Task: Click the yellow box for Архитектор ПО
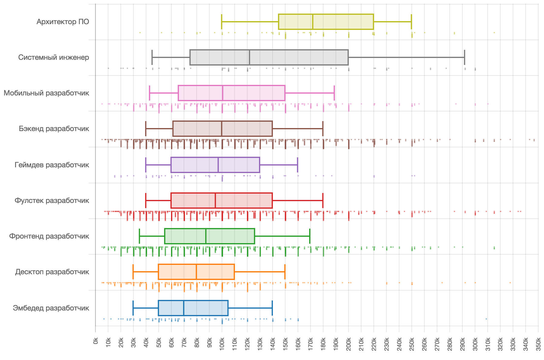click(x=326, y=22)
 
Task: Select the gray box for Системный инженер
click(x=269, y=57)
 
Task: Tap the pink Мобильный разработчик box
click(x=232, y=93)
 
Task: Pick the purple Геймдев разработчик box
click(x=215, y=165)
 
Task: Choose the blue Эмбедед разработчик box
click(x=193, y=308)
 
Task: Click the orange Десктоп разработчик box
click(x=196, y=272)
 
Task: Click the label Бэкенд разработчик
click(x=54, y=129)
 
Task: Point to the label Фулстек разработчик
click(x=52, y=201)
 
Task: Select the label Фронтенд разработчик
click(x=49, y=236)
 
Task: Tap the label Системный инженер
click(x=53, y=57)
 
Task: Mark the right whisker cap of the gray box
click(x=465, y=57)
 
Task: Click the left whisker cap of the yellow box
click(x=222, y=22)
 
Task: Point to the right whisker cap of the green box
click(x=310, y=236)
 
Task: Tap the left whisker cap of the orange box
click(x=133, y=272)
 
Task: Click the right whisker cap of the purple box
click(x=298, y=165)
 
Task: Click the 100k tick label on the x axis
click(x=222, y=344)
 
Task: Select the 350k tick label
click(x=538, y=344)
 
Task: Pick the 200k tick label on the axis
click(x=348, y=344)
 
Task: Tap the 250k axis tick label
click(x=412, y=344)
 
